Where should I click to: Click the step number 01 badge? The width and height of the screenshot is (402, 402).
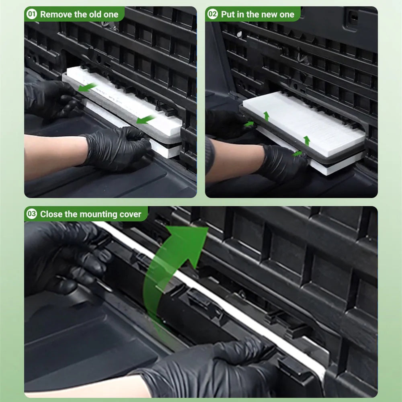pyautogui.click(x=32, y=14)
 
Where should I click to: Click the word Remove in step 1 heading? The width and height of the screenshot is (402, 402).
pyautogui.click(x=56, y=15)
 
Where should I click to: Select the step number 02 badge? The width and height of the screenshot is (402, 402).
pyautogui.click(x=213, y=14)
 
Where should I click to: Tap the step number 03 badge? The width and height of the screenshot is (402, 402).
pyautogui.click(x=32, y=214)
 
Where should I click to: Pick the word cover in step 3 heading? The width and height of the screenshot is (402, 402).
pyautogui.click(x=129, y=214)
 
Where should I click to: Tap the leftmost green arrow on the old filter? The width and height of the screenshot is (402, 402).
pyautogui.click(x=87, y=87)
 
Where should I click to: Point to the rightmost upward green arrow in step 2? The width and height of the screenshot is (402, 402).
pyautogui.click(x=307, y=140)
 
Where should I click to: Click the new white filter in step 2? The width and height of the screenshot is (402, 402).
pyautogui.click(x=306, y=121)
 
